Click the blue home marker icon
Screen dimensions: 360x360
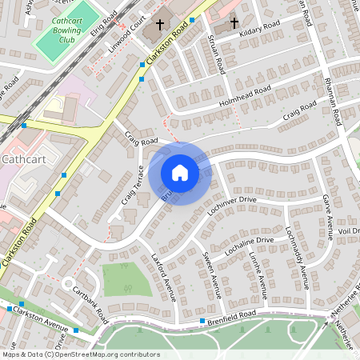(180, 173)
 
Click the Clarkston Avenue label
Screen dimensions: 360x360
(40, 319)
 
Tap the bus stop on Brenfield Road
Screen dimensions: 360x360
(201, 321)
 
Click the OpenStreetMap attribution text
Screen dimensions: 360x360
(80, 354)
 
